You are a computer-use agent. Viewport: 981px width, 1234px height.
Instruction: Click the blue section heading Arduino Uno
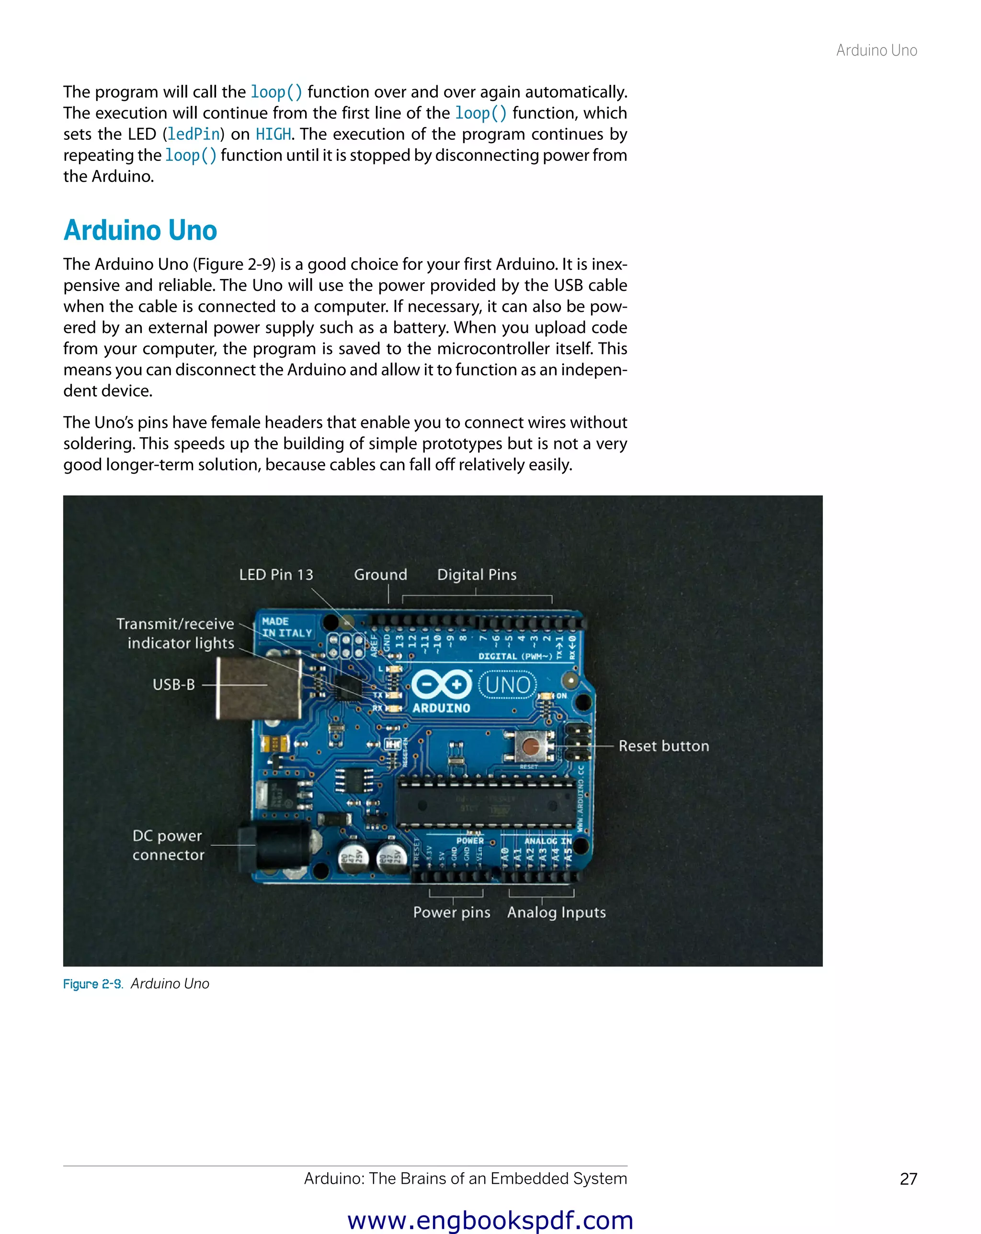pos(140,231)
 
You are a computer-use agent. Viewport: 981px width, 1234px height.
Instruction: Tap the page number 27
pos(908,1178)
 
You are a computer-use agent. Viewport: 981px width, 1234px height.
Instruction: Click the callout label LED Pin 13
pos(276,575)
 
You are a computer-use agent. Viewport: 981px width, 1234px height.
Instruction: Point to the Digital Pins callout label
pos(476,575)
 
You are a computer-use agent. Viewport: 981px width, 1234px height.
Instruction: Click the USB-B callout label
pos(173,685)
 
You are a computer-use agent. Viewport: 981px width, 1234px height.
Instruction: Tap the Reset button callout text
pos(663,746)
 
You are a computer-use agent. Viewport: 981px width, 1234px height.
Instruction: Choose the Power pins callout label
pos(452,913)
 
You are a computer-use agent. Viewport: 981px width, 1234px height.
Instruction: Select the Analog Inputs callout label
pos(556,913)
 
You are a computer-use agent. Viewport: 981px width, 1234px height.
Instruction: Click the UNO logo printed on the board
pos(508,685)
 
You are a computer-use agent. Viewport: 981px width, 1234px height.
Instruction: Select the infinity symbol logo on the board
pos(441,685)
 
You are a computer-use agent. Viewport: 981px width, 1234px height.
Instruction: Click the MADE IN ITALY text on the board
pos(286,628)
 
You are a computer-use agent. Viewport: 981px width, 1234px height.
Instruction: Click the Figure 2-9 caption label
pos(93,984)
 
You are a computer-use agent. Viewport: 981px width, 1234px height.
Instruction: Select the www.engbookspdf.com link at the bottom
pos(490,1220)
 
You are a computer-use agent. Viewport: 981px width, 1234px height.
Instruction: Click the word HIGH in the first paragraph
pos(273,135)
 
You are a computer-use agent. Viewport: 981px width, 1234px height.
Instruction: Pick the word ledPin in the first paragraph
pos(194,135)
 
